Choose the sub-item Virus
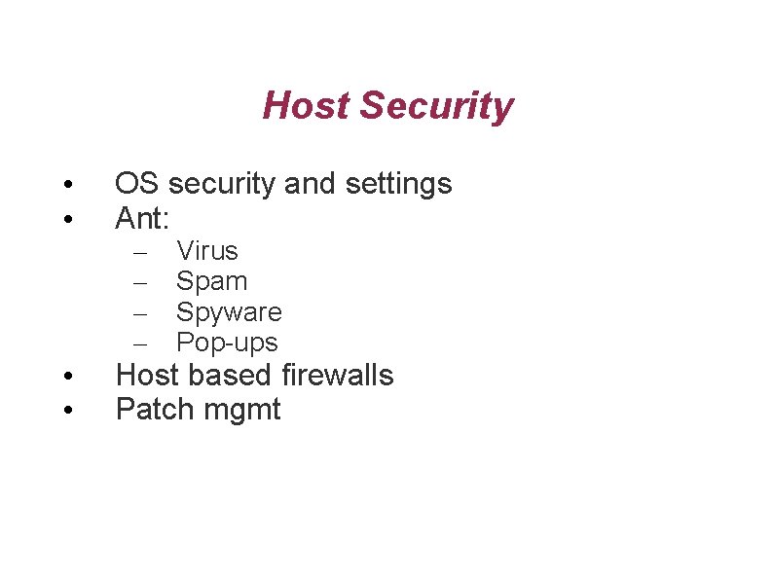pos(206,251)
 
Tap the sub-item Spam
pos(211,282)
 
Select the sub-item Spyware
pos(229,313)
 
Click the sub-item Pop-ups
pos(227,344)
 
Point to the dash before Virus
pos(140,253)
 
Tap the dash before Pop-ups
pos(140,344)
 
